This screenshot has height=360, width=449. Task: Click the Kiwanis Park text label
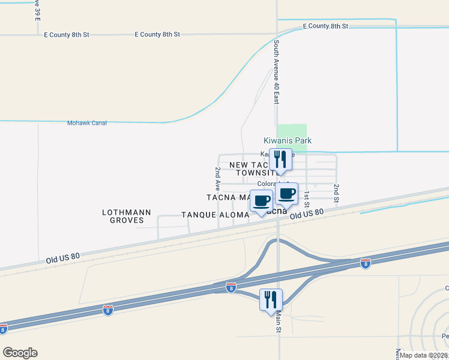tap(288, 140)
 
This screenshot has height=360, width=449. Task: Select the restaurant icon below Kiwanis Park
tap(280, 160)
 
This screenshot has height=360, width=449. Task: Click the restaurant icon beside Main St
tap(270, 299)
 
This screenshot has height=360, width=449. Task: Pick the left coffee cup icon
tap(261, 201)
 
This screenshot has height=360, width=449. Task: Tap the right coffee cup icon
tap(287, 194)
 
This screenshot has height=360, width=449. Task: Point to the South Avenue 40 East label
tap(276, 72)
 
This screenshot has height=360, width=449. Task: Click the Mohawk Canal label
tap(86, 123)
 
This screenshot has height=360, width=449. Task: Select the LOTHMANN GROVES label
tap(123, 216)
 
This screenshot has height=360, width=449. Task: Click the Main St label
tap(279, 321)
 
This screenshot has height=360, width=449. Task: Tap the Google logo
tap(20, 353)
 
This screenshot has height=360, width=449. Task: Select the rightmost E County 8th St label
tap(325, 26)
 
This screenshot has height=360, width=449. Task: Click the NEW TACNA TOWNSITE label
tap(252, 169)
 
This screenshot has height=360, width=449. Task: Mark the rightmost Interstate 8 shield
tap(365, 263)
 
